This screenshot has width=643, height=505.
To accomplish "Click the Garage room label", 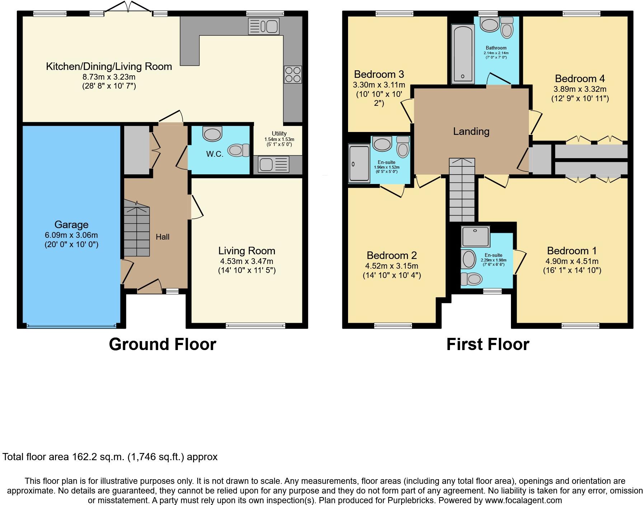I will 71,225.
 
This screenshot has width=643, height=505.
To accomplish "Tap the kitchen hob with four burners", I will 293,75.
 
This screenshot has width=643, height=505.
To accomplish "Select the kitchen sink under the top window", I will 264,26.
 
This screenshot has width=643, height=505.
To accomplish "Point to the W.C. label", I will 215,154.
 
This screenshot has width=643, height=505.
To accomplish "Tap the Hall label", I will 163,237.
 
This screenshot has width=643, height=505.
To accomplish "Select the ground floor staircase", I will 137,230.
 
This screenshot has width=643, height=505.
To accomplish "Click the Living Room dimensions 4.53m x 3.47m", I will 247,261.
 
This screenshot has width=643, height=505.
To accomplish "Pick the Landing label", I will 471,131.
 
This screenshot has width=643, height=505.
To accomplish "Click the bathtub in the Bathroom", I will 463,54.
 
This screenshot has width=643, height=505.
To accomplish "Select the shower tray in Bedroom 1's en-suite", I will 476,236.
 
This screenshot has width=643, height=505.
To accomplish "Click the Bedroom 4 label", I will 580,79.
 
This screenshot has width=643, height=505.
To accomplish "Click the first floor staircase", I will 462,190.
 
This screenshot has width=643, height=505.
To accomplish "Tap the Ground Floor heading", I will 163,344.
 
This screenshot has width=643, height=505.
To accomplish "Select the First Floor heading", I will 488,344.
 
